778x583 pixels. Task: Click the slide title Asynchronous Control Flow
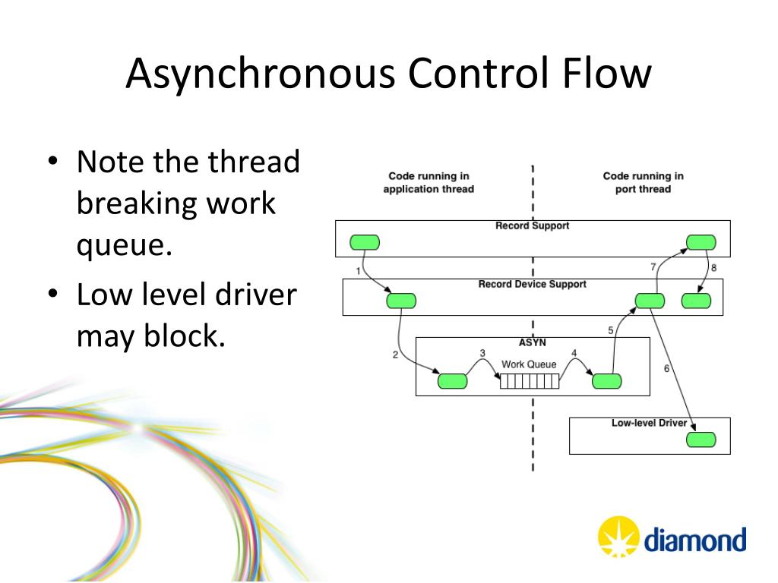(x=388, y=74)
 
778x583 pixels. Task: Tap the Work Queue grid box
(x=529, y=381)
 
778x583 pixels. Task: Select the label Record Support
(x=532, y=226)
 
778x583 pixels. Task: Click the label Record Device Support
(x=532, y=285)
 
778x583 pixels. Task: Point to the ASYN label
(x=532, y=342)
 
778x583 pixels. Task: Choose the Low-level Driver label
(x=649, y=423)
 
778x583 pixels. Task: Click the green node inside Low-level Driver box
(x=701, y=440)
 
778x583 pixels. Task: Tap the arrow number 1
(x=358, y=271)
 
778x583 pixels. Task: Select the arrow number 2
(x=395, y=355)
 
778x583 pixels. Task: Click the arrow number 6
(x=666, y=369)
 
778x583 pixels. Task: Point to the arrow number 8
(x=713, y=267)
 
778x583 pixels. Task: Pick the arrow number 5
(x=610, y=330)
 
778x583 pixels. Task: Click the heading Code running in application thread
(x=429, y=182)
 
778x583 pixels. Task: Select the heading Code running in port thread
(x=643, y=182)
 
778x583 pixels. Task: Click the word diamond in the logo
(x=695, y=541)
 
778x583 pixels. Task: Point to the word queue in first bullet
(x=119, y=245)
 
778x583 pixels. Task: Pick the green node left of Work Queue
(x=454, y=381)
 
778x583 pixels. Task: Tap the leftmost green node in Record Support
(x=364, y=242)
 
